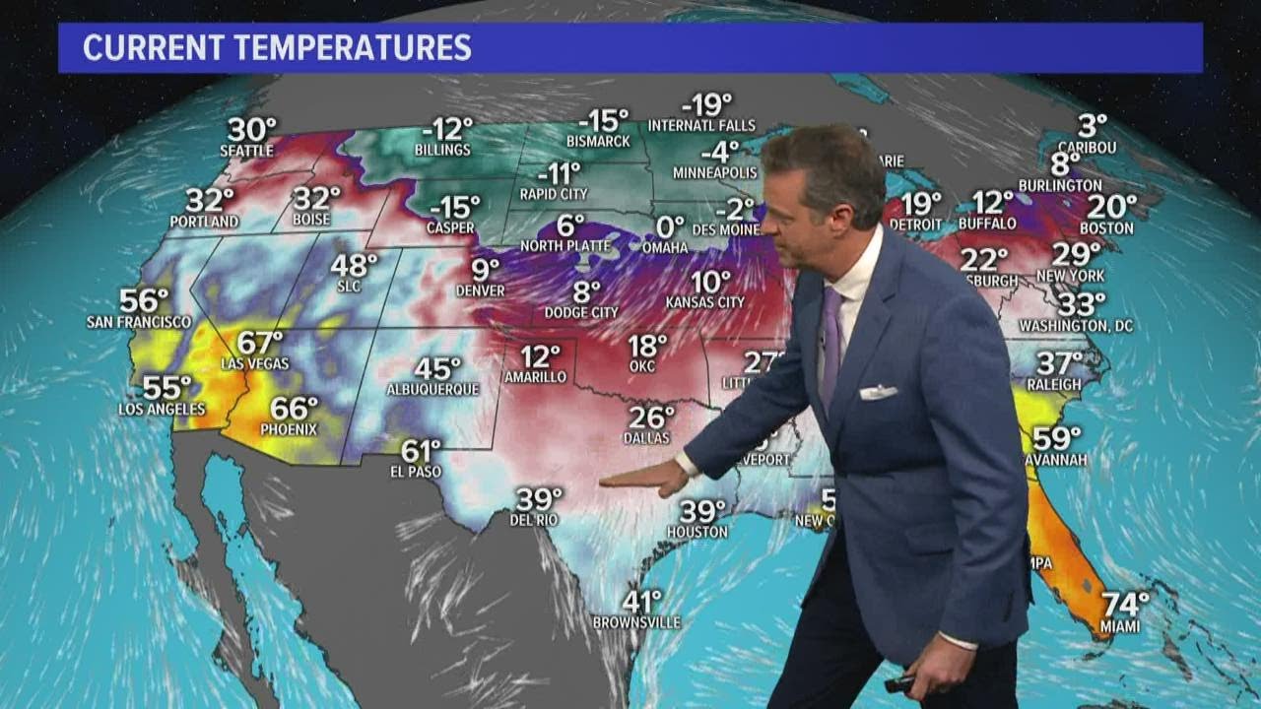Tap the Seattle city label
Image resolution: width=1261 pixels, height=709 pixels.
coord(246,151)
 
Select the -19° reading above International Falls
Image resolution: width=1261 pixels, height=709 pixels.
coord(706,104)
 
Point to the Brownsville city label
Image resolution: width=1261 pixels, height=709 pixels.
coord(636,622)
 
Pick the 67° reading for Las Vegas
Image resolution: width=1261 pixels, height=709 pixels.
coord(260,343)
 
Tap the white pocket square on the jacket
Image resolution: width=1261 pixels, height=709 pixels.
coord(878,392)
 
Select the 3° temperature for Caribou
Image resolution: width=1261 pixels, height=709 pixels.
coord(1092,126)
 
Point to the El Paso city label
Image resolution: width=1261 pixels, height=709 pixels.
coord(419,472)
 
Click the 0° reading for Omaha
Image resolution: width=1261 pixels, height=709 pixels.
coord(670,226)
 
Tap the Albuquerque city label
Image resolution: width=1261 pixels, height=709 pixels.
coord(432,389)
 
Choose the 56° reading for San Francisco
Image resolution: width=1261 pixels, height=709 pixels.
coord(144,300)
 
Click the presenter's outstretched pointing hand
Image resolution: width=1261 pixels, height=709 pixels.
coord(645,477)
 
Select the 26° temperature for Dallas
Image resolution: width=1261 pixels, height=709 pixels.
coord(651,418)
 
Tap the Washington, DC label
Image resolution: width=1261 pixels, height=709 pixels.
coord(1075,325)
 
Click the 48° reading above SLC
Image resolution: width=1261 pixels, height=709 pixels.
coord(354,265)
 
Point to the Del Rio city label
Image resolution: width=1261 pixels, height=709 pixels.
coord(534,519)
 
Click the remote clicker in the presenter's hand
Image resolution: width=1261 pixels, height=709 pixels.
coord(899,682)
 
